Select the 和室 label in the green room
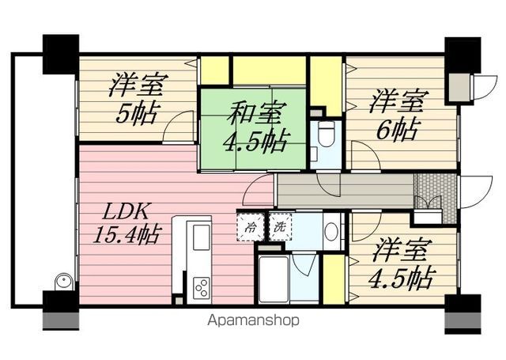click(252, 115)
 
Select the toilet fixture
click(325, 135)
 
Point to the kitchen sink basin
click(199, 235)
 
